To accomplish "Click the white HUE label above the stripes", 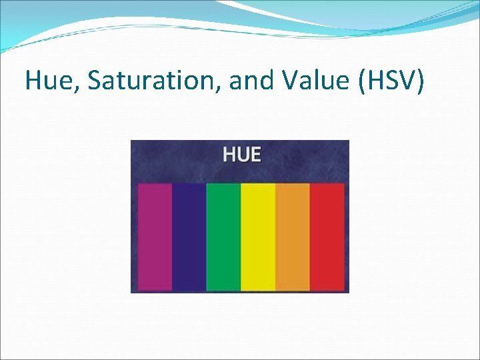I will [241, 155].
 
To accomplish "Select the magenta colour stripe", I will [155, 237].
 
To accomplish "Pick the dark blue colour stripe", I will [189, 237].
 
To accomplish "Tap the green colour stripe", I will [223, 237].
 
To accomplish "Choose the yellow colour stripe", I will [258, 237].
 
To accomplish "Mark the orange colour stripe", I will [293, 237].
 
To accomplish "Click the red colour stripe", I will [327, 237].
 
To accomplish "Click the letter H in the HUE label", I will [229, 155].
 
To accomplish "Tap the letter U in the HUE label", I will [242, 155].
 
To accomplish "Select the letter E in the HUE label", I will [255, 155].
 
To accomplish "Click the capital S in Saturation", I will [94, 81].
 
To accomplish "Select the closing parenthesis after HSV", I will [420, 81].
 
